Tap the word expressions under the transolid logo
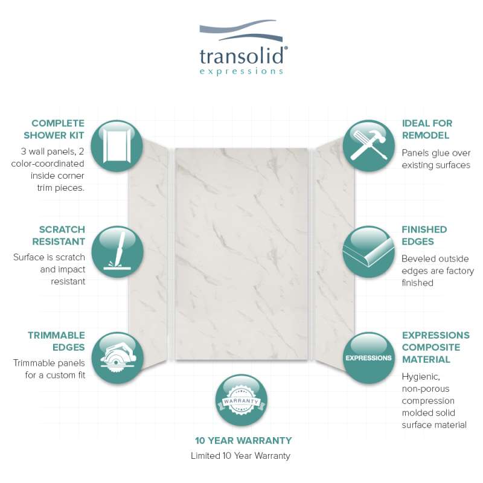coord(241,71)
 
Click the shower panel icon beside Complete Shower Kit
coord(117,146)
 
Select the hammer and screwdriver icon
coord(368,146)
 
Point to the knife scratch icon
coord(117,252)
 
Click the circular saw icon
coord(117,358)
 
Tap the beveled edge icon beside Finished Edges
coord(368,252)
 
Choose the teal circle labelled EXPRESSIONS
coord(368,358)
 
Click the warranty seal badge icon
coord(241,400)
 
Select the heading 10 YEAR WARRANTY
coord(243,441)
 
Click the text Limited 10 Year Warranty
coord(240,456)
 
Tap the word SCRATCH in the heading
coord(62,229)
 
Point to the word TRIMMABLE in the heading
coord(56,335)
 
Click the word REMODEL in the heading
coord(426,135)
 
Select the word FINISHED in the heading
coord(424,229)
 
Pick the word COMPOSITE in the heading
coord(431,347)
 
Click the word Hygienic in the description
coord(421,377)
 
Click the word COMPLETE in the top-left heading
coord(58,123)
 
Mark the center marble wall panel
coord(241,254)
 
